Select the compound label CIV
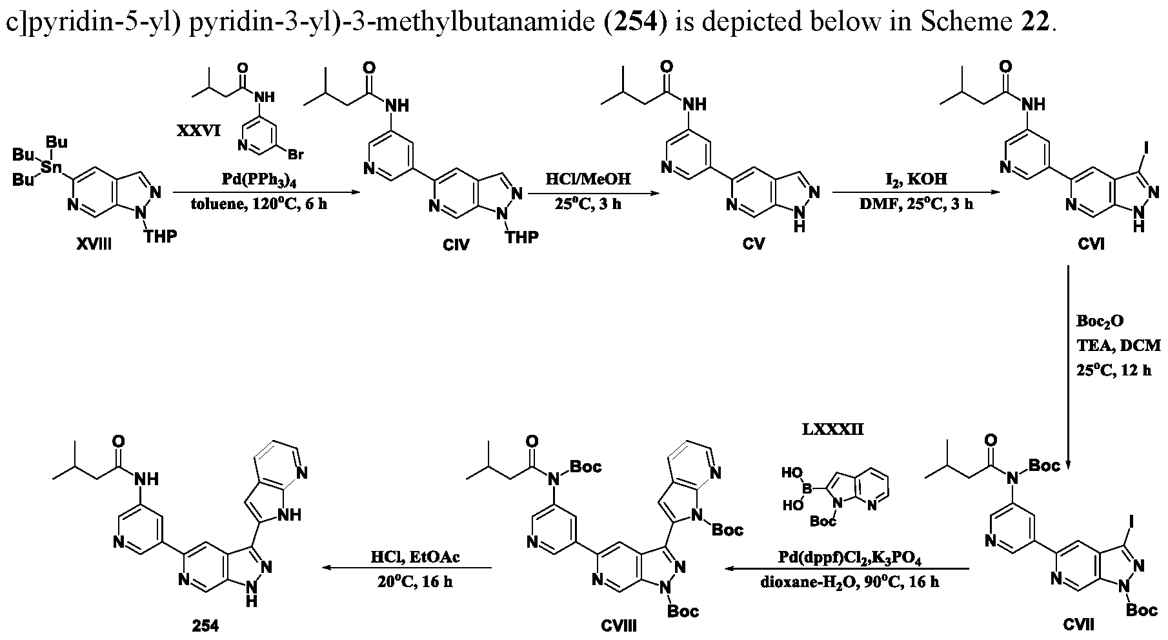[x=456, y=245]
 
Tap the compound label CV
[x=753, y=245]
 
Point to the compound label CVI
[x=1091, y=245]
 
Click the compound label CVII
[x=1078, y=624]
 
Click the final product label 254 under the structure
[x=205, y=625]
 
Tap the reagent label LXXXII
[x=832, y=429]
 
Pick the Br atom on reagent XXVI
[x=296, y=155]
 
